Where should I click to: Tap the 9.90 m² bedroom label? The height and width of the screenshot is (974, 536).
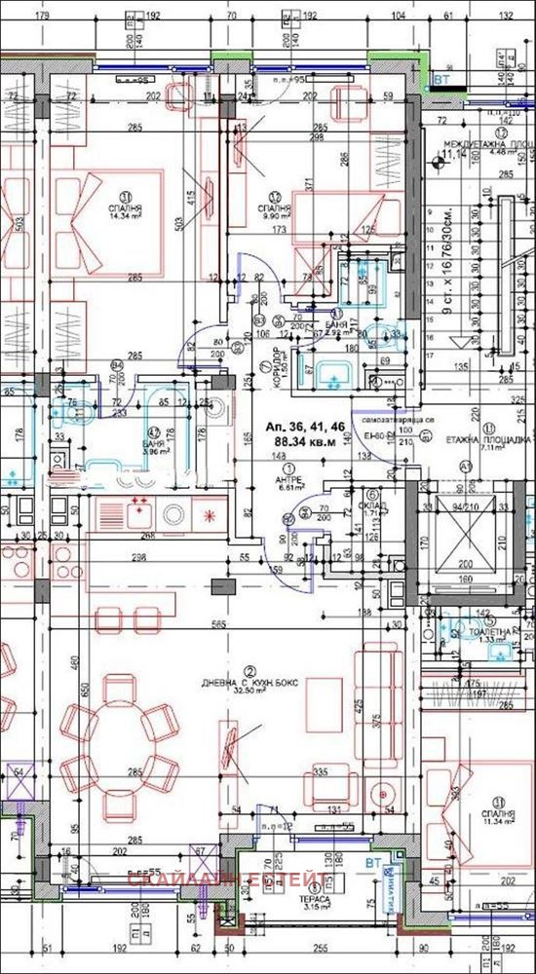point(276,213)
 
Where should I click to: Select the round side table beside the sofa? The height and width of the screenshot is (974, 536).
point(390,788)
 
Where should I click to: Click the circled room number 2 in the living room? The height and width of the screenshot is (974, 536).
point(250,671)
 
